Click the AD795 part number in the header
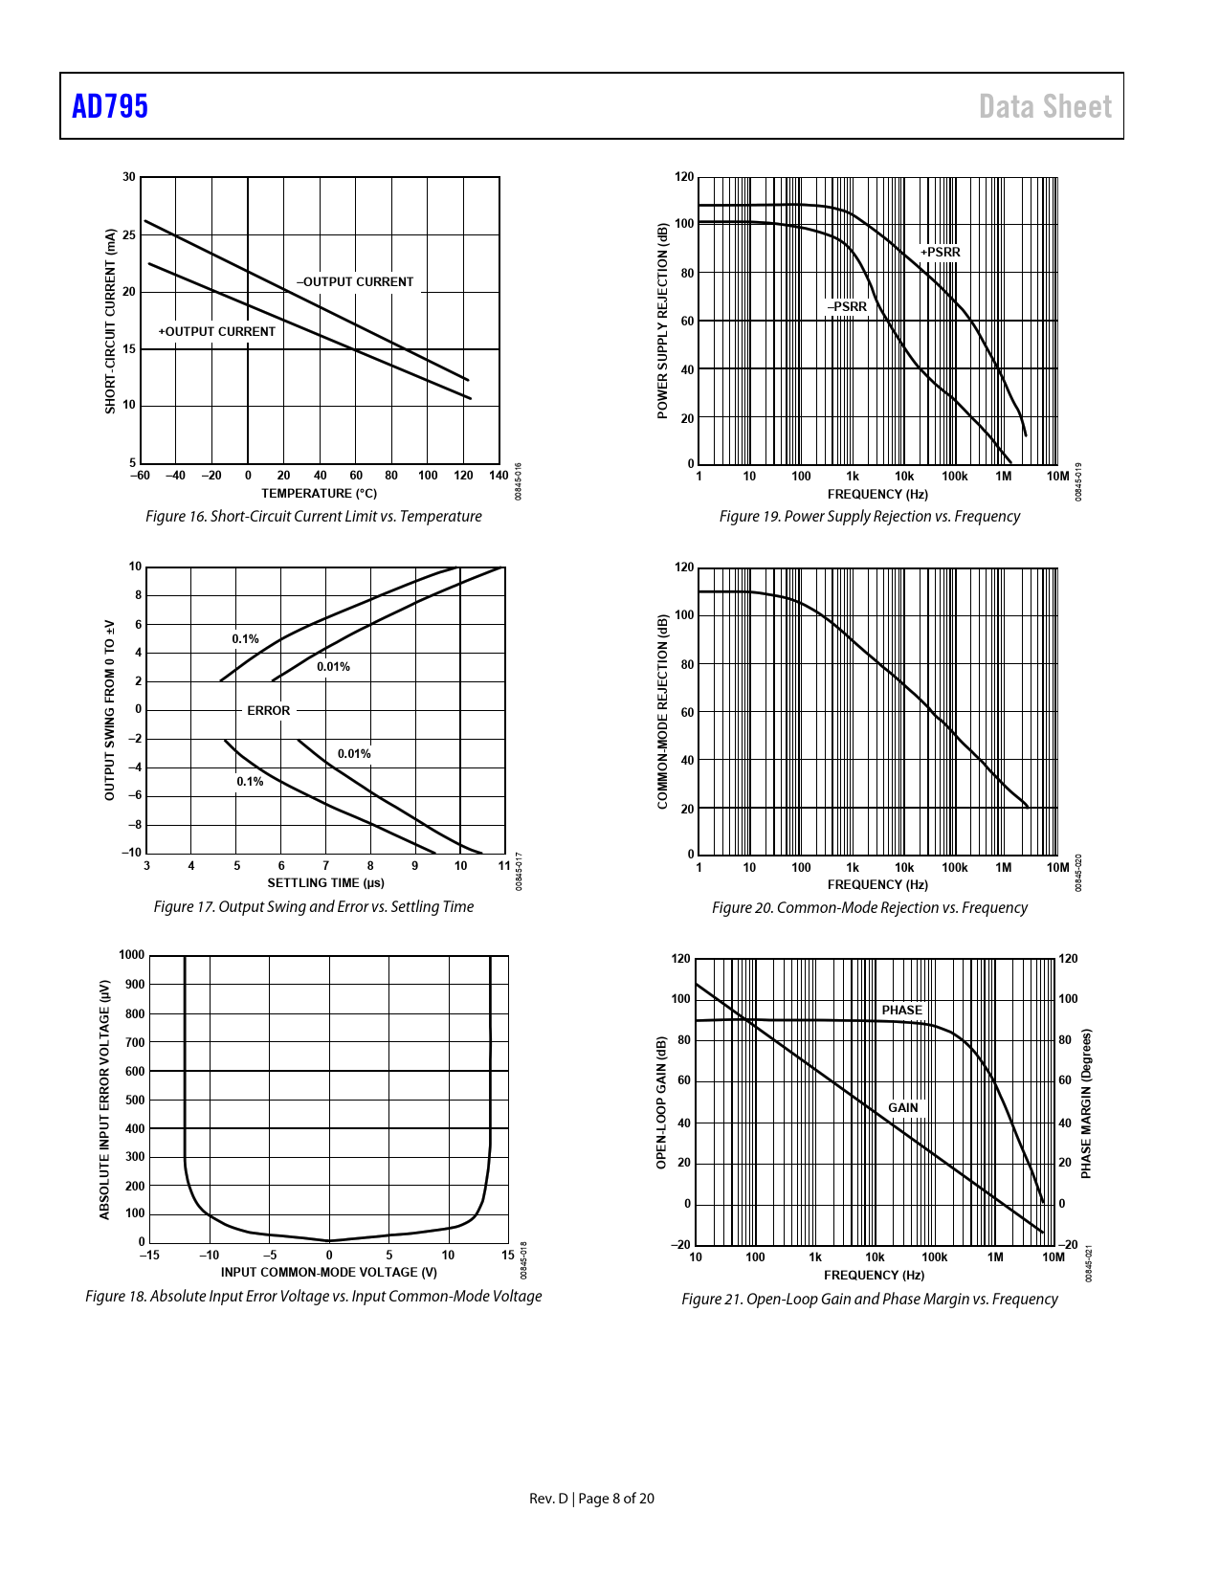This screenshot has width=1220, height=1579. pos(110,106)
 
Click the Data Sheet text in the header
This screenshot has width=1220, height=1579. pos(1045,106)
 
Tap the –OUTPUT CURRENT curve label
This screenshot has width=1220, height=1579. pos(355,282)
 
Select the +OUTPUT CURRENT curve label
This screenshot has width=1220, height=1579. pos(216,332)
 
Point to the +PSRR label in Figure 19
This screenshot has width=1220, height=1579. pos(940,253)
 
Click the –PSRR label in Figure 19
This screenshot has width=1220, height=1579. pos(847,307)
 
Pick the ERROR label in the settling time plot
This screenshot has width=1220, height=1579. pos(268,711)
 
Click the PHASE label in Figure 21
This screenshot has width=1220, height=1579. pos(901,1011)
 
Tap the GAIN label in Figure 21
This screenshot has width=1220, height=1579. pos(902,1108)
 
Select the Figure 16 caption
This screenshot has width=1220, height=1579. pos(313,517)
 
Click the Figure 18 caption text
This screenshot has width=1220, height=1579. pos(313,1297)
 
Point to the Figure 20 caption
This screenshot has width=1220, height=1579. pos(869,908)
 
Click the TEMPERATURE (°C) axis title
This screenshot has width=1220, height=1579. pos(319,494)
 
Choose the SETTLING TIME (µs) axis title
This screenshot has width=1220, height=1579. pos(325,883)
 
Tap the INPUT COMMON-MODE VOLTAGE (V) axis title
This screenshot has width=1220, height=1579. pos(328,1273)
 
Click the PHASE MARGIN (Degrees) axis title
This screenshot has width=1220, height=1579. pos(1086,1104)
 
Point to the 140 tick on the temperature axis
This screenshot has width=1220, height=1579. pos(499,476)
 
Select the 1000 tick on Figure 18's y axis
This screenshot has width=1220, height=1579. pos(132,955)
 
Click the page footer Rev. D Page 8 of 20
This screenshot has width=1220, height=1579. pos(591,1499)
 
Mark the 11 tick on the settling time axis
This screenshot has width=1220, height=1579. pos(504,866)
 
